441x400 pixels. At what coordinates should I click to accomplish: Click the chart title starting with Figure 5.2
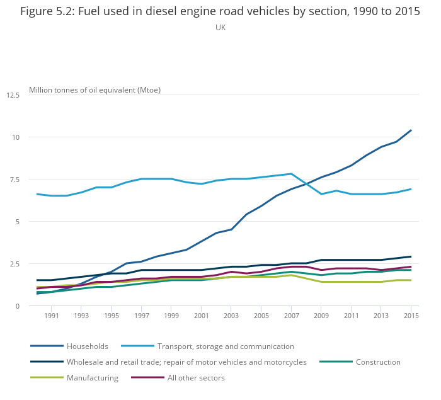pos(220,11)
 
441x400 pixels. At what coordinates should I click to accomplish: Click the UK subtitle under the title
pos(220,28)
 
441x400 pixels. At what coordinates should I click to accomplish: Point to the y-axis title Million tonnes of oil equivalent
pos(94,90)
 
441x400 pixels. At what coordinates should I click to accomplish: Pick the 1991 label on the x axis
pos(52,316)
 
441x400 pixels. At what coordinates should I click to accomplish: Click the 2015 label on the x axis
pos(411,316)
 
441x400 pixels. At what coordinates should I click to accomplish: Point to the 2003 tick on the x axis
pos(231,316)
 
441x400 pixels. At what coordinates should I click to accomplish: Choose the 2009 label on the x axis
pos(321,316)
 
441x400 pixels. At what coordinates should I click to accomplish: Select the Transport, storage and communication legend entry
pos(226,346)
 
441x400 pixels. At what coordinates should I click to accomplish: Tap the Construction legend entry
pos(378,362)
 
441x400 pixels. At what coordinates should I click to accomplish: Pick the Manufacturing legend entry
pos(93,378)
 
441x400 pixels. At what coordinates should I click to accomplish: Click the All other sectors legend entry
pos(195,378)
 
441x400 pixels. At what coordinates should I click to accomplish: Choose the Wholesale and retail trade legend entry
pos(186,362)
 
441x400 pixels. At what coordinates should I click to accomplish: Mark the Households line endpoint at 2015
pos(411,130)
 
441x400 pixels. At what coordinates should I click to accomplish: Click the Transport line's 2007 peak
pos(291,174)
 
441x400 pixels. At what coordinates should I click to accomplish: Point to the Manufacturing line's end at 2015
pos(411,280)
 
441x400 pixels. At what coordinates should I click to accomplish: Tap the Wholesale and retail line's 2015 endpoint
pos(411,256)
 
